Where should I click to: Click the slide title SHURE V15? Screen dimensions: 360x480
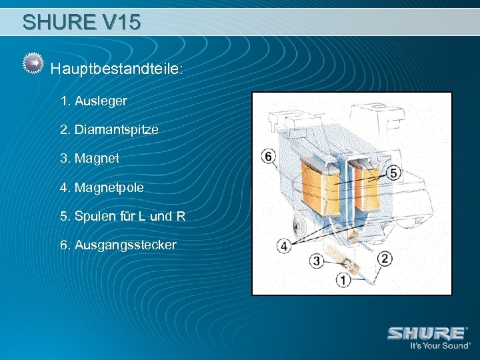pyautogui.click(x=81, y=22)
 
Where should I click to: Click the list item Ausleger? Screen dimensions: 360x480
pyautogui.click(x=93, y=101)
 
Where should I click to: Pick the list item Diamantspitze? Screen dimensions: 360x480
pyautogui.click(x=109, y=129)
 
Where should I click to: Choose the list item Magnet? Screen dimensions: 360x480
pyautogui.click(x=89, y=159)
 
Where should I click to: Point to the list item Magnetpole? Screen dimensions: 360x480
pyautogui.click(x=101, y=188)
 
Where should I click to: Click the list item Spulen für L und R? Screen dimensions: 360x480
pyautogui.click(x=123, y=216)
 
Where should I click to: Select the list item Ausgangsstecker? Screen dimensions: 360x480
pyautogui.click(x=118, y=245)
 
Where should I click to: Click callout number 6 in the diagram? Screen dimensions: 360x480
pyautogui.click(x=268, y=157)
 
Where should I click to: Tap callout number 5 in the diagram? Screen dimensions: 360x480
pyautogui.click(x=393, y=173)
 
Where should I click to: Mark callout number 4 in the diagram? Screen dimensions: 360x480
pyautogui.click(x=284, y=247)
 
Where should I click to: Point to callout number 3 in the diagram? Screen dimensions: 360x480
pyautogui.click(x=317, y=260)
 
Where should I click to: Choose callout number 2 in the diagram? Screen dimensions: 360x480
pyautogui.click(x=385, y=258)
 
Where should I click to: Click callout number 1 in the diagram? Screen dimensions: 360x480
pyautogui.click(x=343, y=281)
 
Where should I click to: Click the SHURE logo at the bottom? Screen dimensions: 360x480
pyautogui.click(x=427, y=333)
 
